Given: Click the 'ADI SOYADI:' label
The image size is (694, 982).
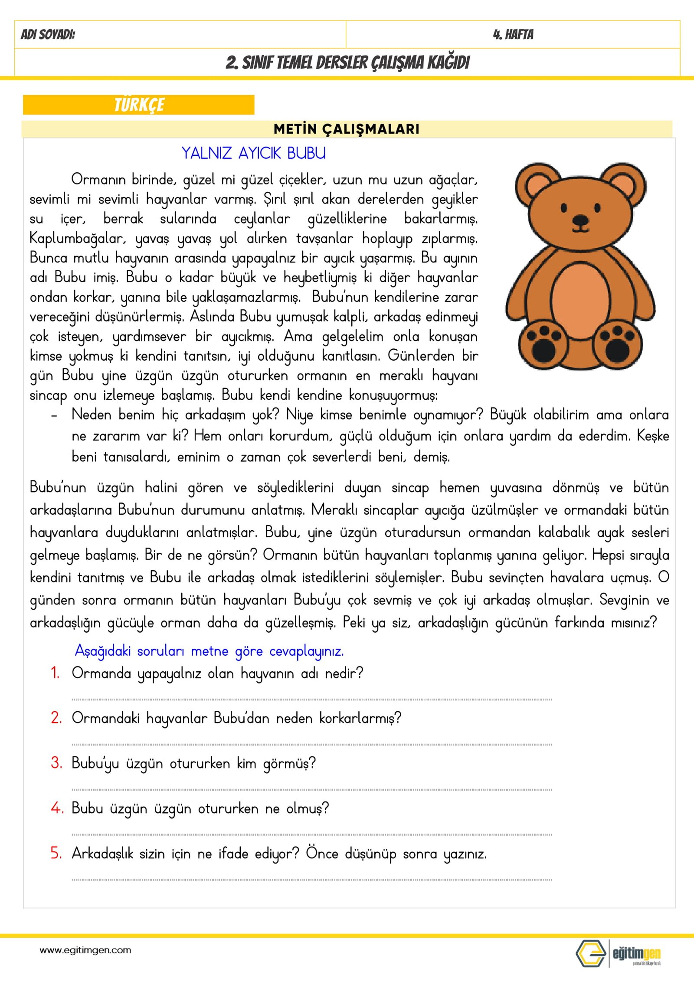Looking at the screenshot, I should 48,34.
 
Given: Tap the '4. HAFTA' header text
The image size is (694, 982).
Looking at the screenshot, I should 513,34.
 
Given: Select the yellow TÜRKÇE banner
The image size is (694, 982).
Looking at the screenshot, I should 139,105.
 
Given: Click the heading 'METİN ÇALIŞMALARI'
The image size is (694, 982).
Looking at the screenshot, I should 347,129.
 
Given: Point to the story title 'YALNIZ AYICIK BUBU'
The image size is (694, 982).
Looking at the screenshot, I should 254,153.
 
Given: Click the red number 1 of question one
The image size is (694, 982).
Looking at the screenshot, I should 55,673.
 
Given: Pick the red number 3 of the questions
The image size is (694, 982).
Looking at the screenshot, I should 56,763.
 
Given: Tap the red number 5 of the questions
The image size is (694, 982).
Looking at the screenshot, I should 56,853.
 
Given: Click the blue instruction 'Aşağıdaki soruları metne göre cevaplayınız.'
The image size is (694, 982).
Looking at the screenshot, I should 210,651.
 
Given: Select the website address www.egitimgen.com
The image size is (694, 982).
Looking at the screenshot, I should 85,950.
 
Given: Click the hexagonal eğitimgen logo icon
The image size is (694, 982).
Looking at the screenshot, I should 590,953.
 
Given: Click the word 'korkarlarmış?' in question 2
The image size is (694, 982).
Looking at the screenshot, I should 360,718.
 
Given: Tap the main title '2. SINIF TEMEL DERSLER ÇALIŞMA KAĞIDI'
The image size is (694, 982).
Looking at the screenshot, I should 347,62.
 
